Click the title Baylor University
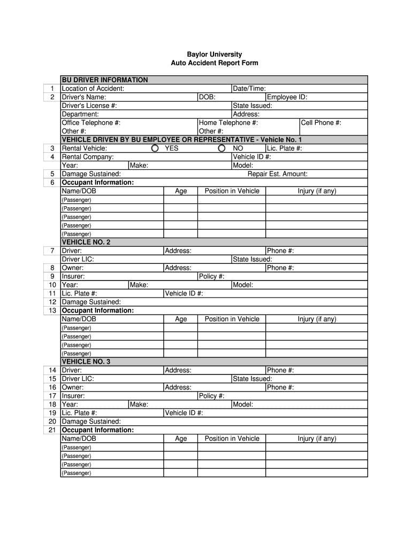tap(214, 54)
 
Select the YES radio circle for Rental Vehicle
tap(155, 149)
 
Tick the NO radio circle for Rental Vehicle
tap(222, 149)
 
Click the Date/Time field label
tap(249, 89)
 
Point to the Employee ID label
tap(287, 97)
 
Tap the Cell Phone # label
tap(321, 123)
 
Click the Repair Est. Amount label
tap(277, 174)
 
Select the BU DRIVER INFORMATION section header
tap(105, 80)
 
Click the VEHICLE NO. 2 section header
tap(86, 243)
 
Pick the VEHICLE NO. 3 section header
tap(86, 362)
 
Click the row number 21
tap(52, 431)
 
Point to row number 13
tap(52, 311)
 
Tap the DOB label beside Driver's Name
tap(207, 97)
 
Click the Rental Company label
tap(88, 157)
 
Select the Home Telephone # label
tap(228, 123)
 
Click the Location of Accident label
tap(93, 89)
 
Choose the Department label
tap(80, 114)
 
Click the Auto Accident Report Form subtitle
tap(214, 63)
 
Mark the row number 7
tap(52, 251)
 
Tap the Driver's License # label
tap(89, 106)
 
